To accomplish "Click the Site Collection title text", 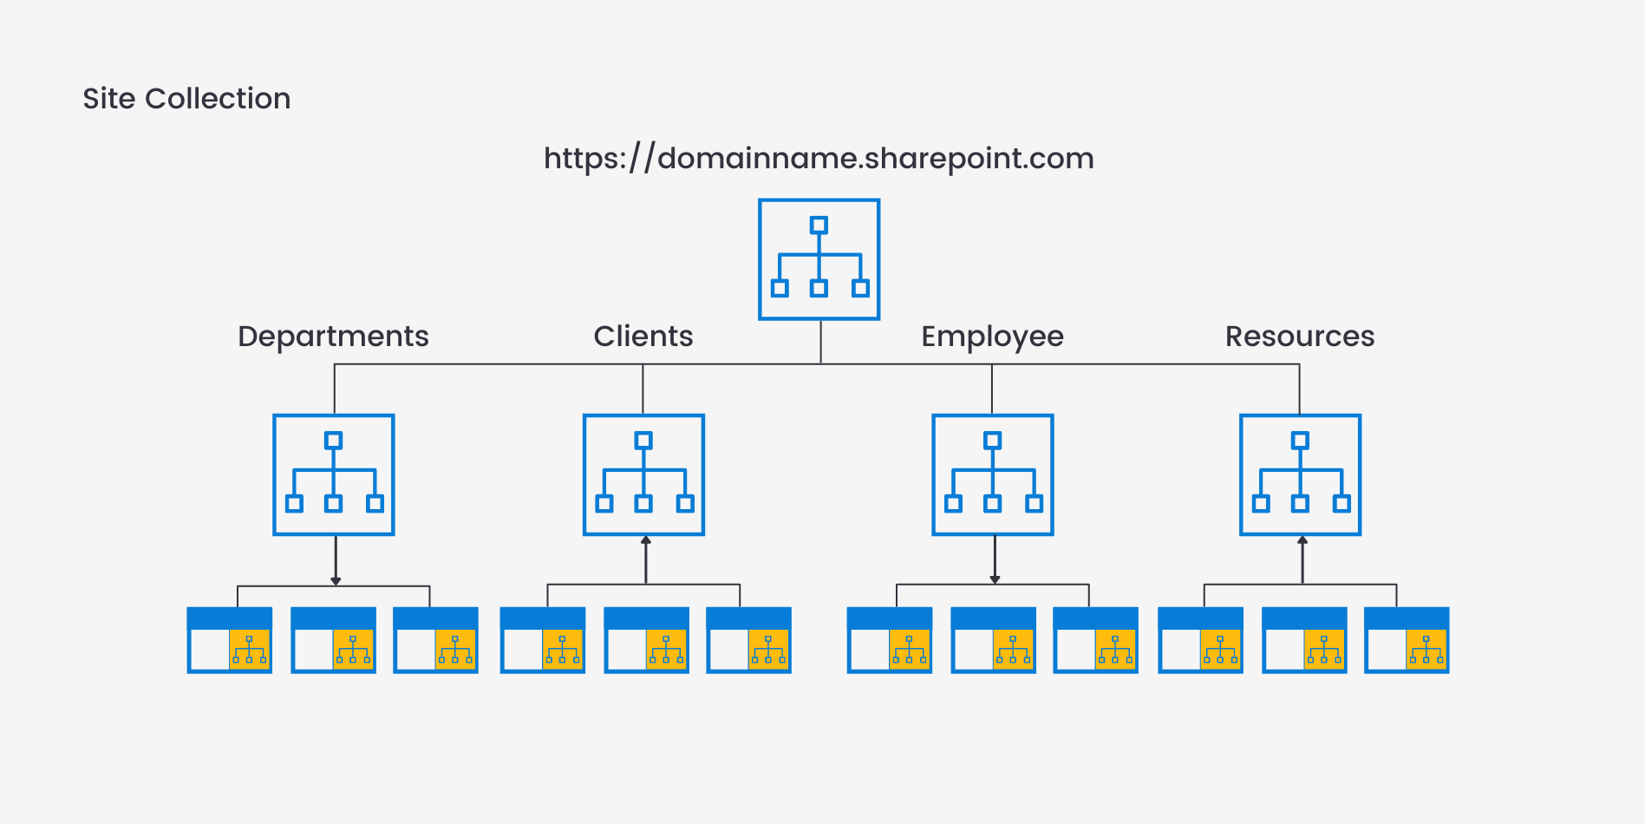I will [x=186, y=99].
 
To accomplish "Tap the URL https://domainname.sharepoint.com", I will [x=819, y=159].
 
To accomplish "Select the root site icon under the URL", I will [x=819, y=259].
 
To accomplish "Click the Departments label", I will [x=333, y=337].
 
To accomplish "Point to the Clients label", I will [x=643, y=337].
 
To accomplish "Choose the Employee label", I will [x=992, y=337].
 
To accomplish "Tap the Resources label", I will [x=1299, y=337].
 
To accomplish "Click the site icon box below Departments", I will [x=334, y=474].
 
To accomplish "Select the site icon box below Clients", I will [x=643, y=474].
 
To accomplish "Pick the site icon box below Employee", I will [x=993, y=474].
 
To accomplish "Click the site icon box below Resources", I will [x=1300, y=474].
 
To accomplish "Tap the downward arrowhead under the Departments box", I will [x=336, y=580].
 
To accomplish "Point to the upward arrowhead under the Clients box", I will [x=646, y=540].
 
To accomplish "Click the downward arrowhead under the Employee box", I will [x=995, y=579].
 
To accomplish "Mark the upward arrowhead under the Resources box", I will [x=1302, y=540].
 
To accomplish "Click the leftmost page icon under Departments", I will [x=230, y=640].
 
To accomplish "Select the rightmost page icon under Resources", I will [x=1407, y=640].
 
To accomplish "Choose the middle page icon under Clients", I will [x=646, y=640].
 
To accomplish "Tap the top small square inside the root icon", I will [x=819, y=226].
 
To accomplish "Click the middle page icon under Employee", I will [x=993, y=640].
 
